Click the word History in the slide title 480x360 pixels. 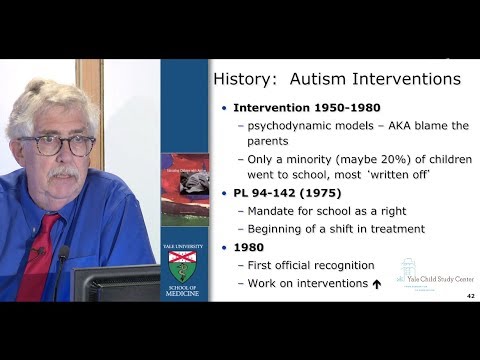(252, 78)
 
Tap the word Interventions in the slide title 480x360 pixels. (400, 78)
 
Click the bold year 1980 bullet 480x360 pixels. (249, 247)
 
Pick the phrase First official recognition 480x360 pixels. (311, 265)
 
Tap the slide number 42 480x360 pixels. (469, 298)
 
